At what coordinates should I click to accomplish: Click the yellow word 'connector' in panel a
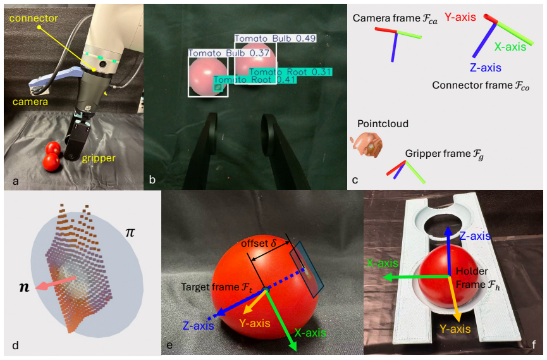34,18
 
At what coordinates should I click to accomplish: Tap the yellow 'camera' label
30,102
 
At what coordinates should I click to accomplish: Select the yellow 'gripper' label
99,159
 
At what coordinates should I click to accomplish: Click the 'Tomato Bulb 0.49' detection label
275,39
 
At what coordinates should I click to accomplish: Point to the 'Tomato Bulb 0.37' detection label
229,53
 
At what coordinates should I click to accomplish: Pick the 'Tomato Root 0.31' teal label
290,72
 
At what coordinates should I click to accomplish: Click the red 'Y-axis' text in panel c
460,17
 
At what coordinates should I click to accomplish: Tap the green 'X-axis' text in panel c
510,47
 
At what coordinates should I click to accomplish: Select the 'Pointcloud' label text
383,123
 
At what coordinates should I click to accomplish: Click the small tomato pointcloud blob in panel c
367,144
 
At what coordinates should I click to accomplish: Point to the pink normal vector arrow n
56,283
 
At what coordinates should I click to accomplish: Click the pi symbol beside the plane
130,232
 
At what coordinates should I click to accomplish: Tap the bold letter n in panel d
24,287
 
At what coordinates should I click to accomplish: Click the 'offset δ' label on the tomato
259,243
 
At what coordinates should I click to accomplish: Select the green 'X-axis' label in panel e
310,333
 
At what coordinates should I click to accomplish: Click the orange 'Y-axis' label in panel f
455,329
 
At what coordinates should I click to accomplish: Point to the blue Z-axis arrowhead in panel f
448,231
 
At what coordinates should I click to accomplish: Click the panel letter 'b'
152,180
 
